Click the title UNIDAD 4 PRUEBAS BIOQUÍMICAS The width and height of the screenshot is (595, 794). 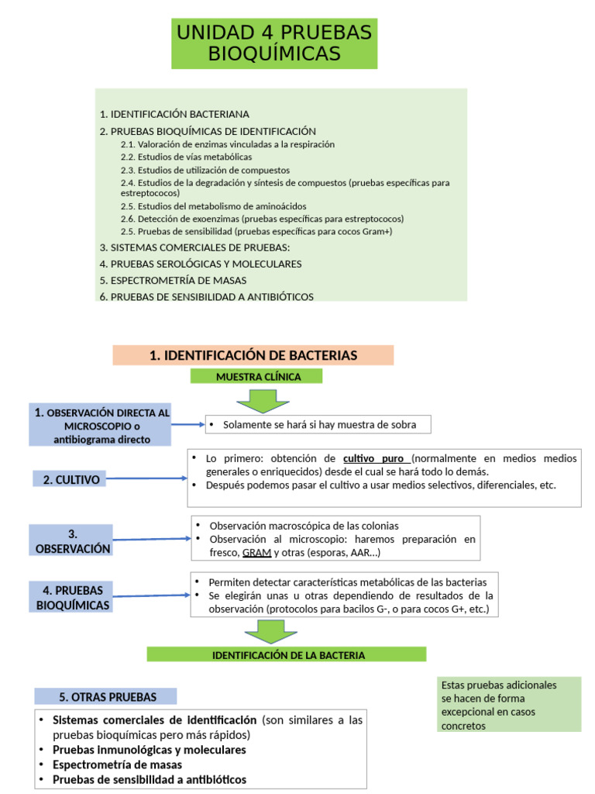(x=274, y=43)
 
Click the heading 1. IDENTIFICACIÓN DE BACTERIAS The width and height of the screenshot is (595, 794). (x=253, y=355)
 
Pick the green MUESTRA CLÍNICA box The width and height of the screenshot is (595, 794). (x=257, y=377)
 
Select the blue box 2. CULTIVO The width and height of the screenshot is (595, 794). (x=72, y=479)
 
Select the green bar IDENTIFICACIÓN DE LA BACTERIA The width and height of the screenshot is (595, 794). (x=287, y=655)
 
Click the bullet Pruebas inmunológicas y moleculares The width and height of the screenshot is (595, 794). (x=149, y=750)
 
